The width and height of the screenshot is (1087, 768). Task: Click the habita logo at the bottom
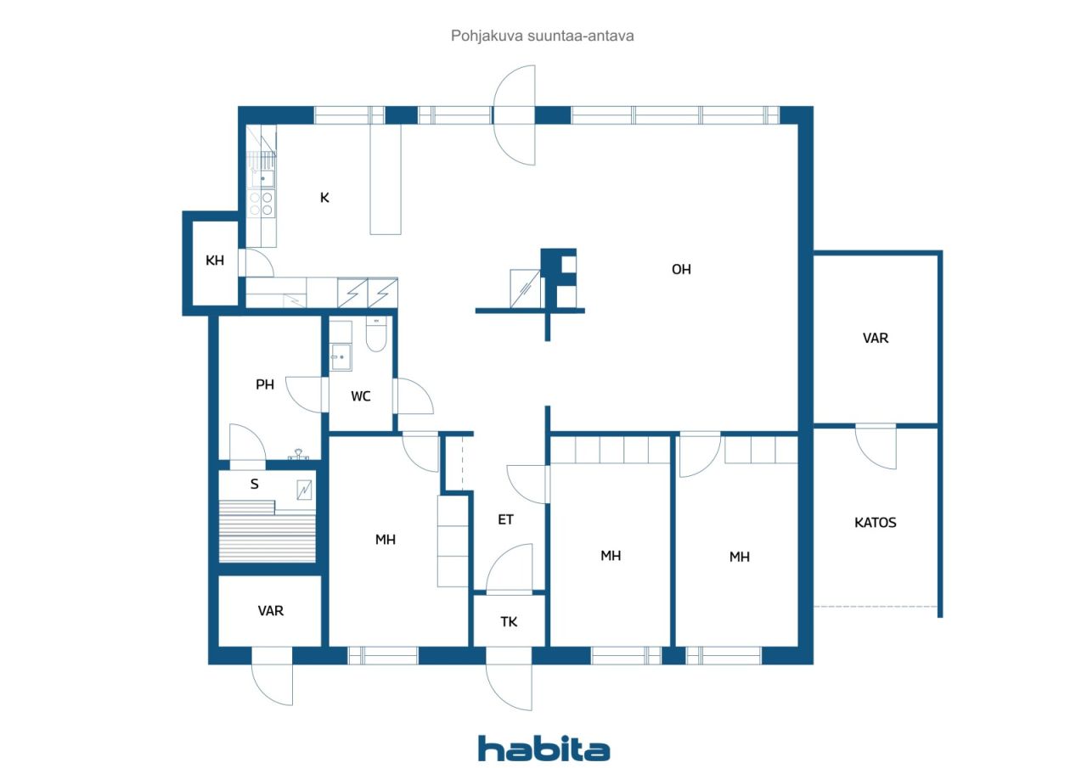(x=543, y=748)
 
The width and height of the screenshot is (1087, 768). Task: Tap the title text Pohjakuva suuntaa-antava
(x=542, y=36)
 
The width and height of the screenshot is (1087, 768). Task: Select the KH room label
(x=215, y=261)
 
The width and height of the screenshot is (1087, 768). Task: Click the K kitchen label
(x=324, y=198)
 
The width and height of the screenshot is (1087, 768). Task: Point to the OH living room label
(x=681, y=269)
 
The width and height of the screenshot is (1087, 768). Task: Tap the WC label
(x=361, y=396)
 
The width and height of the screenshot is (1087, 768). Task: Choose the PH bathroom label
(x=265, y=384)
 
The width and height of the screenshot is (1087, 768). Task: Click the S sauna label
(x=254, y=484)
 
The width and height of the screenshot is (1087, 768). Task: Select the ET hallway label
(x=505, y=519)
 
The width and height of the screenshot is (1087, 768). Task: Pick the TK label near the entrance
(x=509, y=621)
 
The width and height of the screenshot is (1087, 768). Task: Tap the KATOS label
(x=875, y=522)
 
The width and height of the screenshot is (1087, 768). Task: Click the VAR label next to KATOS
(x=876, y=338)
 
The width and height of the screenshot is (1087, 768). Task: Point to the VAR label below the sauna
(x=271, y=610)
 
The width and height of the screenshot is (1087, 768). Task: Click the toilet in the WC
(x=376, y=334)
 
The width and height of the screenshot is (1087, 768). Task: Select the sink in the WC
(x=341, y=357)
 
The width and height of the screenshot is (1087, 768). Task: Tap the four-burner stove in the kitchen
(x=261, y=204)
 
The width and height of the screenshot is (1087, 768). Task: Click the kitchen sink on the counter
(x=262, y=178)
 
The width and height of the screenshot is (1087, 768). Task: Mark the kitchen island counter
(x=386, y=179)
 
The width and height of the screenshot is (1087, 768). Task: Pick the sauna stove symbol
(x=304, y=491)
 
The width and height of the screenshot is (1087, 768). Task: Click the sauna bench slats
(x=268, y=533)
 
